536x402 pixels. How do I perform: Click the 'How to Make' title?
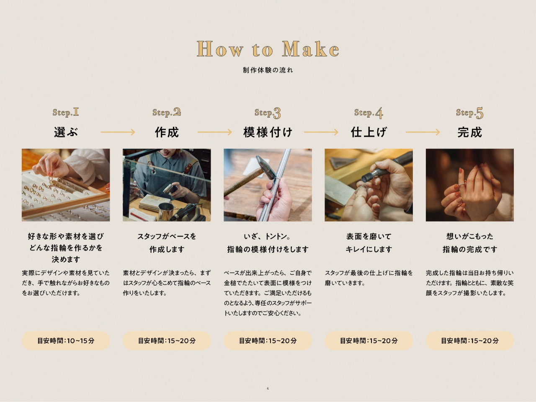268,49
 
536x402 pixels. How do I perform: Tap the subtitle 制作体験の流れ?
268,70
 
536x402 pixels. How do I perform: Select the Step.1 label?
66,112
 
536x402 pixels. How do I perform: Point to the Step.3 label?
268,113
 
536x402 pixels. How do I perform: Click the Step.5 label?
469,113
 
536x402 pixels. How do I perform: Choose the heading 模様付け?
268,132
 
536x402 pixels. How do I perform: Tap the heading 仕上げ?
369,132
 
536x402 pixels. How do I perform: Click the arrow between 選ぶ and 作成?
118,132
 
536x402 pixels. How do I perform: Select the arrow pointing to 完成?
423,132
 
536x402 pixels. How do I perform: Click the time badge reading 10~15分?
66,340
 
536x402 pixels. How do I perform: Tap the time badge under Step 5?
469,340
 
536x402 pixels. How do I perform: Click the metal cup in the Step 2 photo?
166,211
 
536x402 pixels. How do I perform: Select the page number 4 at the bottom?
268,388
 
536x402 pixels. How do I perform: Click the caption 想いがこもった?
469,236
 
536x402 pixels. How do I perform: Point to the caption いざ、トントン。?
268,236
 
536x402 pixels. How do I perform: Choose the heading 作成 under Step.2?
167,132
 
